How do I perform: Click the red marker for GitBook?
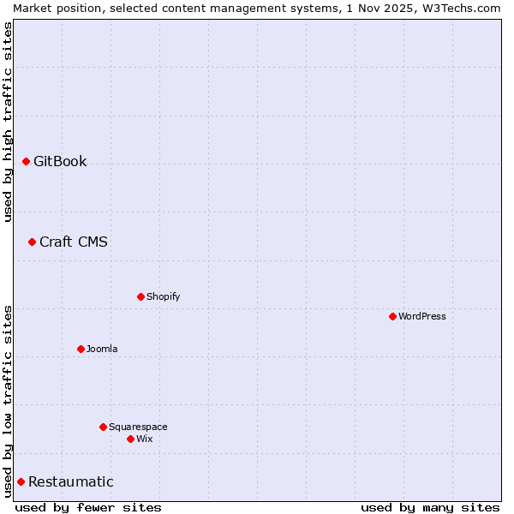coord(26,161)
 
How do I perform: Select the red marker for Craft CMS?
coord(32,242)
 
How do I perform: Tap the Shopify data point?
coord(140,296)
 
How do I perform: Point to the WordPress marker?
coord(392,316)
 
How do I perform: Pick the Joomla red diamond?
coord(81,349)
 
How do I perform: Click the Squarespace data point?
coord(103,427)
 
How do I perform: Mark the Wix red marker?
coord(130,439)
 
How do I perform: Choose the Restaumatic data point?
coord(21,481)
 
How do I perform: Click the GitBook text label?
coord(60,161)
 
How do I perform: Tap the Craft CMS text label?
coord(74,242)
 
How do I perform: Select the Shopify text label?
coord(163,296)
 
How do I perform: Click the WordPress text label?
coord(422,316)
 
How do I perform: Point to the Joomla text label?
coord(102,349)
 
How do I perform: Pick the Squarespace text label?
coord(138,427)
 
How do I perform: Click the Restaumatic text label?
coord(71,481)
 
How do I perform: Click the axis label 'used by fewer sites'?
coord(88,507)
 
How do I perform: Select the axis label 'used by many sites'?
coord(430,507)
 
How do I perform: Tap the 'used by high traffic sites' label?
coord(8,122)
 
